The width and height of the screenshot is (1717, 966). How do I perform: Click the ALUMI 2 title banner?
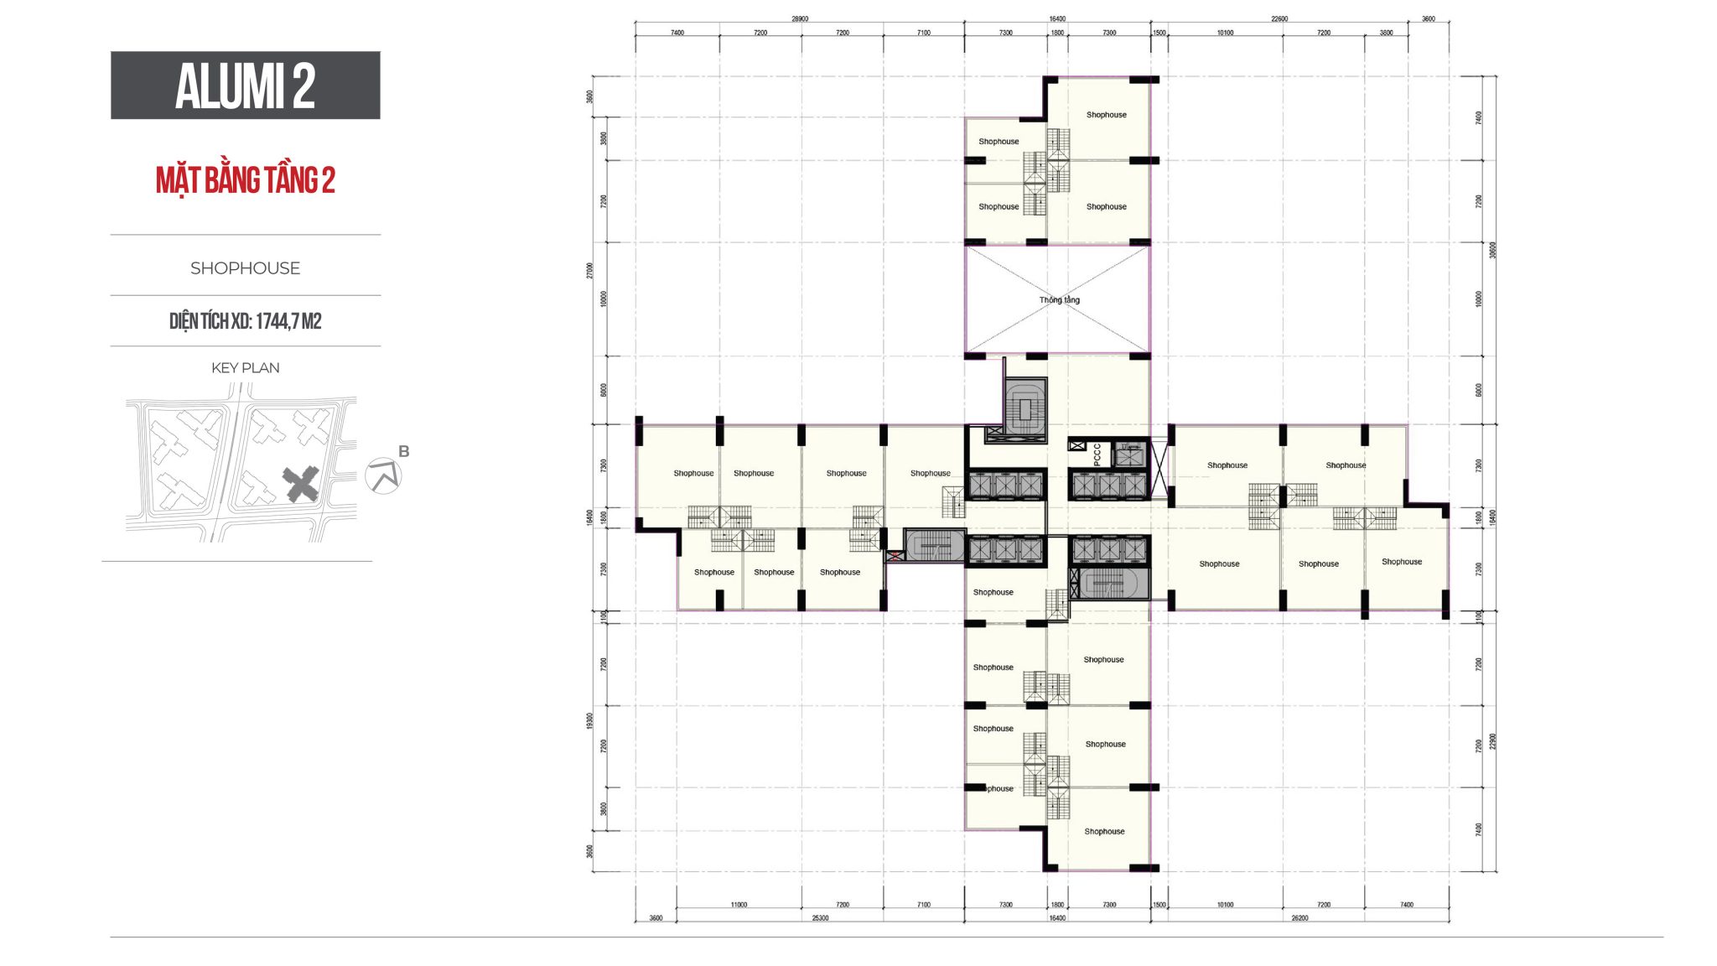tap(245, 86)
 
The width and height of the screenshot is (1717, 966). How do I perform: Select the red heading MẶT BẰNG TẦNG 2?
tap(245, 180)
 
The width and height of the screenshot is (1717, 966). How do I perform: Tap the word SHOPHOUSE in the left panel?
tap(245, 268)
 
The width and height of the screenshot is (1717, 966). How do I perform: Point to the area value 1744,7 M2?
tap(288, 321)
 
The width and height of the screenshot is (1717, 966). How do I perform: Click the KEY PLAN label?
tap(245, 368)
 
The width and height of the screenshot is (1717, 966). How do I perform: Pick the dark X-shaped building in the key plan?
tap(300, 485)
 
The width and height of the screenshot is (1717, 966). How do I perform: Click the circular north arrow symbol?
tap(383, 476)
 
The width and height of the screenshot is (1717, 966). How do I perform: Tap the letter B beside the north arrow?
tap(404, 451)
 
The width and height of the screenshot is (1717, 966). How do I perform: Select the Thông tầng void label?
tap(1060, 300)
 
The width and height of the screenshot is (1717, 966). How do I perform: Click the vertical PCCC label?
tap(1097, 454)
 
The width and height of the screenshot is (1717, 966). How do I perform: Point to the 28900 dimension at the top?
tap(800, 18)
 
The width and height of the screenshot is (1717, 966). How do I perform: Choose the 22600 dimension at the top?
tap(1279, 18)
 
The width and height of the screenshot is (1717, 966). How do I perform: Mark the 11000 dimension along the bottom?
tap(739, 905)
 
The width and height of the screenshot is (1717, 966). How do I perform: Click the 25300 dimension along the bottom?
tap(820, 918)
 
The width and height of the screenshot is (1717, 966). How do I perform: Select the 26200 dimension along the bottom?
tap(1299, 918)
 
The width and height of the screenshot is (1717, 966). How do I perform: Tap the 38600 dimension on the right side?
tap(1492, 250)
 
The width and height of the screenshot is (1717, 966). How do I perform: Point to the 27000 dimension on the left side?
tap(590, 270)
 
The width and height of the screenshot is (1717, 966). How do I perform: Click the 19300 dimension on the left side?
tap(590, 720)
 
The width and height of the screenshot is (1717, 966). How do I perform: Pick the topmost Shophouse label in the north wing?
tap(1107, 115)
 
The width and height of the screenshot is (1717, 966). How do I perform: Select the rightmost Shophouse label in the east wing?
tap(1402, 562)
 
